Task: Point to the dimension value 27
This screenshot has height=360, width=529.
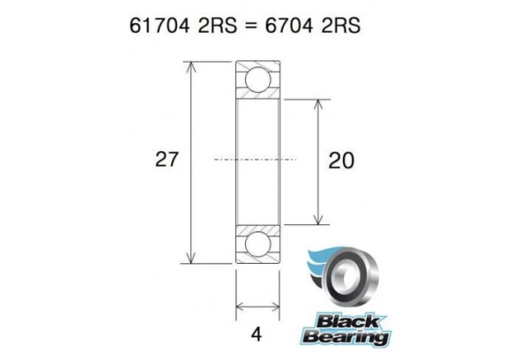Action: pyautogui.click(x=167, y=160)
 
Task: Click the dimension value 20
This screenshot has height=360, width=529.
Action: pyautogui.click(x=341, y=161)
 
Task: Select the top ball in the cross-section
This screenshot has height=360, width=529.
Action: pyautogui.click(x=257, y=79)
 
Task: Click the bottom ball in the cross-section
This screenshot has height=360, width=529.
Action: pyautogui.click(x=257, y=243)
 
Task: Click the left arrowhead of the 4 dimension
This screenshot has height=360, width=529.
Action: pyautogui.click(x=239, y=308)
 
